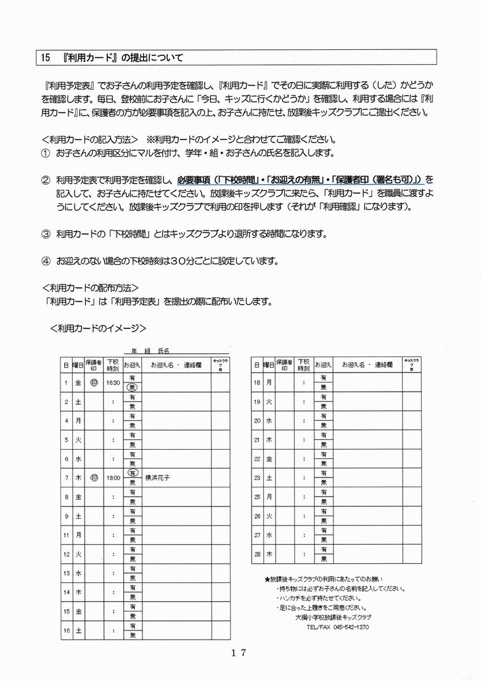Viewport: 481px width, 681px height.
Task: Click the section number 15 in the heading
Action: [x=45, y=58]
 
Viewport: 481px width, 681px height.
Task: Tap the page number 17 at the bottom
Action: [x=239, y=653]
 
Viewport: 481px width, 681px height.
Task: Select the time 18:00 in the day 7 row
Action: [x=112, y=477]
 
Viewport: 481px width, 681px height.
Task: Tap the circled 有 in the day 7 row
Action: [x=132, y=473]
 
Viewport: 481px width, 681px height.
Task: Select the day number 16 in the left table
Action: [x=67, y=632]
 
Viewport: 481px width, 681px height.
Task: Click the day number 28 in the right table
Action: [x=257, y=555]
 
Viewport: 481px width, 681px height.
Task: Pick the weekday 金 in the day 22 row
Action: [x=269, y=460]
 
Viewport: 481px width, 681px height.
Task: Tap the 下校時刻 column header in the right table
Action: [x=303, y=365]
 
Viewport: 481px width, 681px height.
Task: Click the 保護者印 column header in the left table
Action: [x=93, y=365]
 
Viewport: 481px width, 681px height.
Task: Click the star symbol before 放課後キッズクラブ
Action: [x=266, y=579]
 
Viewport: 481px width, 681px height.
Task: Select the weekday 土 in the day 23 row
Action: [x=269, y=477]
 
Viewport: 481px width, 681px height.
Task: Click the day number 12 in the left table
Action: [x=67, y=555]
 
